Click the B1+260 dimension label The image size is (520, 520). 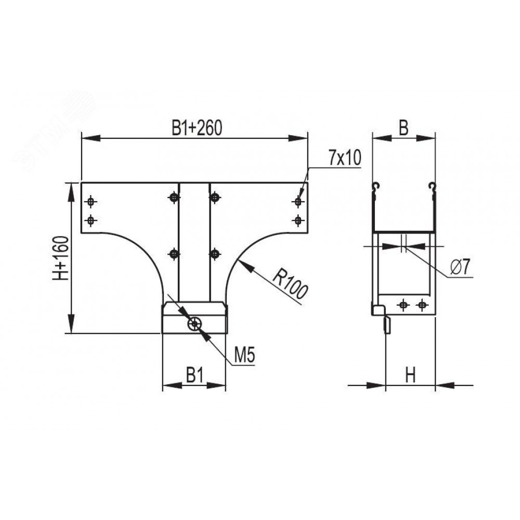[197, 128]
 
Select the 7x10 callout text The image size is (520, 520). [345, 158]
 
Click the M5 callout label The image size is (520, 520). [244, 356]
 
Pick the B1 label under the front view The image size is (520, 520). [194, 375]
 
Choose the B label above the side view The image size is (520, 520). [404, 128]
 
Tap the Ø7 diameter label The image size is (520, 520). [461, 267]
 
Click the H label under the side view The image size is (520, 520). [410, 375]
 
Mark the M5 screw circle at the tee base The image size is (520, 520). [194, 323]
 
